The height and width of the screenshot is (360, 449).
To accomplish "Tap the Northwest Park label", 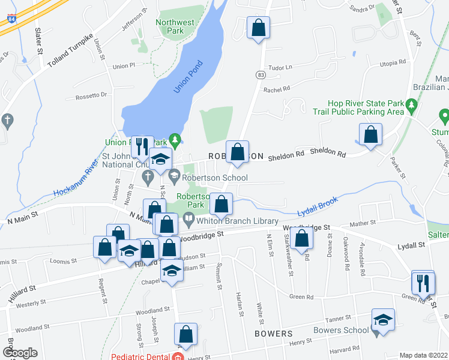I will coord(175,26).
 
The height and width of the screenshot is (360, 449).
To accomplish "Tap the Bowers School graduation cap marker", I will coord(382,320).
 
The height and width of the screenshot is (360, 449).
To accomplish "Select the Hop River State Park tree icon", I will coord(411,107).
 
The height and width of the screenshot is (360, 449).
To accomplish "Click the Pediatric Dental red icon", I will coord(177,357).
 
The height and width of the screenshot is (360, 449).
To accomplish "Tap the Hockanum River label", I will coord(75,179).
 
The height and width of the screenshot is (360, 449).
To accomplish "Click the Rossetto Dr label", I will coord(91,95).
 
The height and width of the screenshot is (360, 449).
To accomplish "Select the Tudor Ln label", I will coord(280,67).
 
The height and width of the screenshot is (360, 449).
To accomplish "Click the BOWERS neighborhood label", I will coord(273,333).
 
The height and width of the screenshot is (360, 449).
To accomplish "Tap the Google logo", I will coord(20,353).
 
